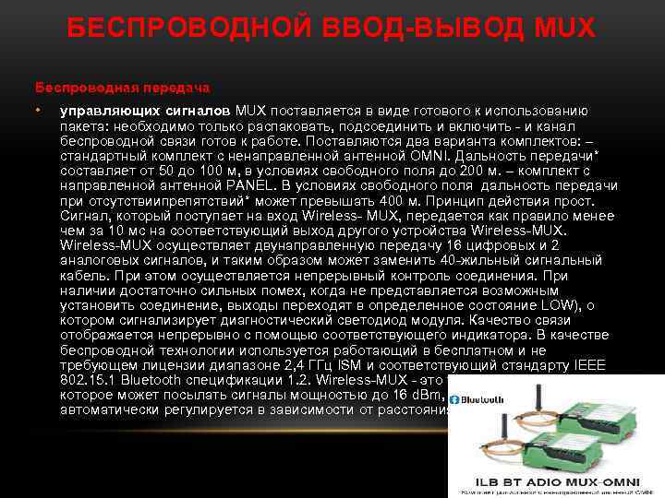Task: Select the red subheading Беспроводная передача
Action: coord(123,88)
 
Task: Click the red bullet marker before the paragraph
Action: coord(39,111)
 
